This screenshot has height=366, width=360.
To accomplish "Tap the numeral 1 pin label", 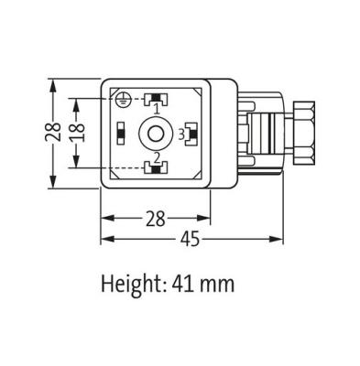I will pos(157,109).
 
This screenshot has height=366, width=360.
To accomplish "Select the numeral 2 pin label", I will pos(157,156).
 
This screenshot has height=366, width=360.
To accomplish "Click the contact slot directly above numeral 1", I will pos(157,98).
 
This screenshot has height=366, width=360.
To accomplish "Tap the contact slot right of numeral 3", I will pos(191,135).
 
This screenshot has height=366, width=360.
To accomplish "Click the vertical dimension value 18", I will pos(80,134).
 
